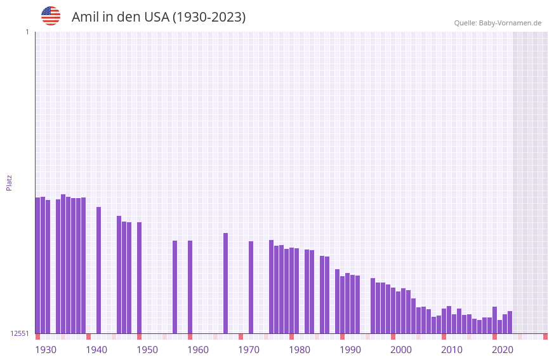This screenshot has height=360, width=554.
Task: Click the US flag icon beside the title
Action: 51,16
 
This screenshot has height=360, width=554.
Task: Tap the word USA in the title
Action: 157,17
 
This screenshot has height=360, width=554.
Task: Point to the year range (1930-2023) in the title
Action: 209,17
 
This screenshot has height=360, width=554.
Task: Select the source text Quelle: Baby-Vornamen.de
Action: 498,23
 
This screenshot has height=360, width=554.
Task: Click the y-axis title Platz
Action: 9,182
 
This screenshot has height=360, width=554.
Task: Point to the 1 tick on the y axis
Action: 27,32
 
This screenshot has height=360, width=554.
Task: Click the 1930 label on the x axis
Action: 46,350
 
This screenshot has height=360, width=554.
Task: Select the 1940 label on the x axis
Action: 96,350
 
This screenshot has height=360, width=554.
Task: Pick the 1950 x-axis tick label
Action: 147,350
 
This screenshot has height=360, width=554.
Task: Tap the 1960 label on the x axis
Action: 198,350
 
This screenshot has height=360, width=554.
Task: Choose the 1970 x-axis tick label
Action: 249,350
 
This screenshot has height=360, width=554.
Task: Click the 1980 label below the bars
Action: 300,350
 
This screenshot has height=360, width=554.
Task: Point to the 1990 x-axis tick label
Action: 350,350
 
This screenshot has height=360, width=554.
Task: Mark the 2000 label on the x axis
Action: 401,350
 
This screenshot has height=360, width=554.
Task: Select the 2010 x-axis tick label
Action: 452,350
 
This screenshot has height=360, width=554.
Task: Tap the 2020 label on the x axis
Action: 503,350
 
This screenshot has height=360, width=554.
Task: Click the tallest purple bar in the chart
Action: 63,263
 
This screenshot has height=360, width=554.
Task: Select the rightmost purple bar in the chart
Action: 510,323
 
